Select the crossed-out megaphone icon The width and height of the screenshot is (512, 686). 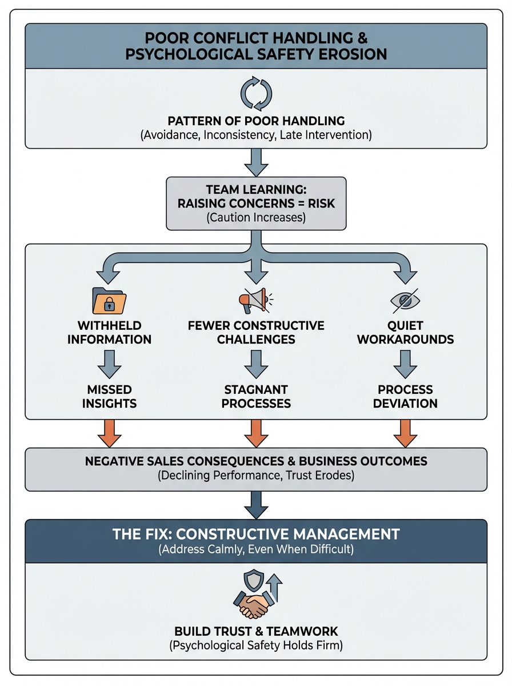pos(255,300)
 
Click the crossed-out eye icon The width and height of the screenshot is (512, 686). pos(403,300)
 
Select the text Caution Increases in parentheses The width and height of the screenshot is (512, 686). pos(256,217)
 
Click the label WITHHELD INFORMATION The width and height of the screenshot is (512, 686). pos(110,333)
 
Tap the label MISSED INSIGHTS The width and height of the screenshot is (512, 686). pos(110,396)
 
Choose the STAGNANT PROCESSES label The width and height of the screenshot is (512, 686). pos(256,396)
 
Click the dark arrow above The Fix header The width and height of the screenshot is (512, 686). pos(256,504)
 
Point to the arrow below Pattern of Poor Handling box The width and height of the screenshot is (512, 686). pos(256,163)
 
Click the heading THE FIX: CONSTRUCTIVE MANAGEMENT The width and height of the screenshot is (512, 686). pos(256,535)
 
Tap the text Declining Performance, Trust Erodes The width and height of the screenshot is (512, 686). pos(256,476)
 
